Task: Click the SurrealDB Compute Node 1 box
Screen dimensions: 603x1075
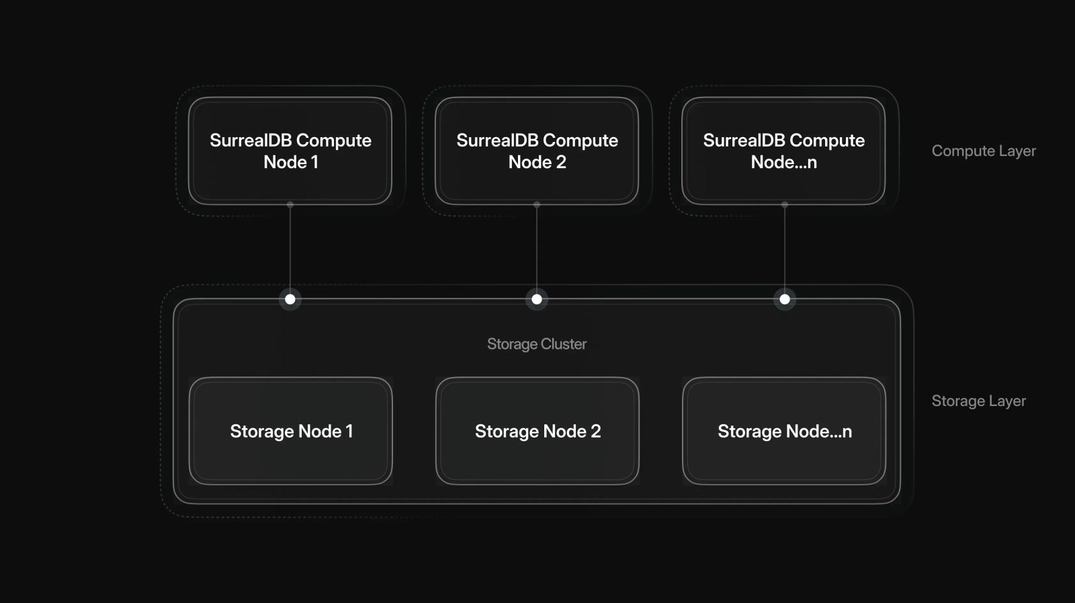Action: coord(290,151)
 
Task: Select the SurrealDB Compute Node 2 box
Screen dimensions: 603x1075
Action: coord(537,151)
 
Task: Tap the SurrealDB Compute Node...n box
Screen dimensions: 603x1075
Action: coord(783,151)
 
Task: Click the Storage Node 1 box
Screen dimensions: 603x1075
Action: coord(290,431)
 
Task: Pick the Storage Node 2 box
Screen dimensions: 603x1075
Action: coord(537,431)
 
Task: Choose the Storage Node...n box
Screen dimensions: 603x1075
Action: coord(783,431)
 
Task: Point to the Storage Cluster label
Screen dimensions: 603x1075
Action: coord(536,344)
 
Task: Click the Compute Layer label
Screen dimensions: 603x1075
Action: coord(983,151)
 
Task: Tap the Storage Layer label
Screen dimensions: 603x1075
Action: coord(978,401)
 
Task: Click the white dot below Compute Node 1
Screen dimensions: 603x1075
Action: coord(290,299)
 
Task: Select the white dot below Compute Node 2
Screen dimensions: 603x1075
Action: coord(537,299)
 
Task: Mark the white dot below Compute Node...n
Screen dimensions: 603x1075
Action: coord(784,299)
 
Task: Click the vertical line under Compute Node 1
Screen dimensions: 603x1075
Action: coord(290,249)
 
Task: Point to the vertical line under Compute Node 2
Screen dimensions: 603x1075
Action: coord(537,249)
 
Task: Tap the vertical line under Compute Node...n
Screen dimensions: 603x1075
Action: coord(785,249)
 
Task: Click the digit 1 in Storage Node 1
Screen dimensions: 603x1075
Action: coord(349,432)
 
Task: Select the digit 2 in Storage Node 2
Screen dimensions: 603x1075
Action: coord(595,432)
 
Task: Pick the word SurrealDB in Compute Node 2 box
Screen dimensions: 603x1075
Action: coord(496,140)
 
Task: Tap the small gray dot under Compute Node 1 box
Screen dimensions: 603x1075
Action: coord(290,204)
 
